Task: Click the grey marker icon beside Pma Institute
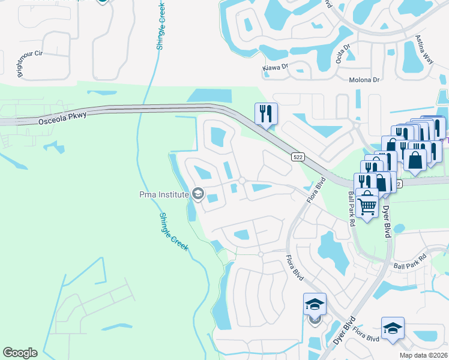(197, 194)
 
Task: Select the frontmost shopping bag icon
(414, 160)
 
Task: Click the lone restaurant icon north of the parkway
(265, 113)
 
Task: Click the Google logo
(20, 353)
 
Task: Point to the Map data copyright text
(423, 355)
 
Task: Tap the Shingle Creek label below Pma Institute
(175, 235)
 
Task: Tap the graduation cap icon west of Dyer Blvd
(315, 304)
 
